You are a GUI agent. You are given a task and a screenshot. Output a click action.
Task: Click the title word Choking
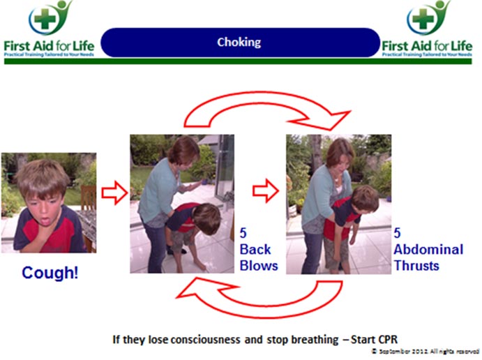click(239, 42)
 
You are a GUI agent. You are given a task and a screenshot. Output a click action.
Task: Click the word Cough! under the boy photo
click(50, 273)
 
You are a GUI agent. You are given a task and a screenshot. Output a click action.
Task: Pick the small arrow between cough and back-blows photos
click(113, 192)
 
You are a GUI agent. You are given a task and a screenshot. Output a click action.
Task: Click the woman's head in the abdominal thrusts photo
click(340, 153)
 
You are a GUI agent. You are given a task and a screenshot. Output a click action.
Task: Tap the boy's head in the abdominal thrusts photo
click(365, 200)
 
